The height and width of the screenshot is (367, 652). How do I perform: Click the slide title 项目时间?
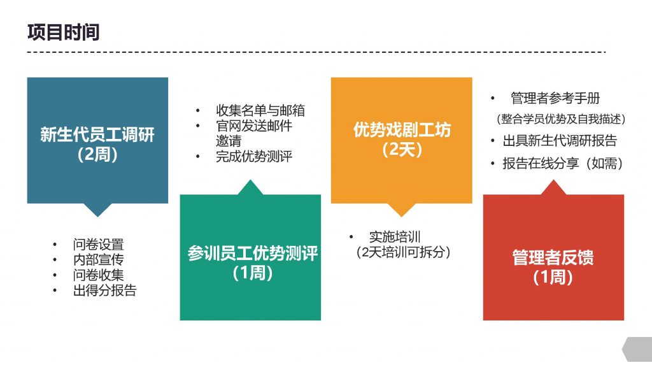pos(63,32)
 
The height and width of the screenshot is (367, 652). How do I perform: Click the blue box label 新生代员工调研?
pos(97,134)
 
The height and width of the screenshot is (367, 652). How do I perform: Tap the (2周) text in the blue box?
pos(97,154)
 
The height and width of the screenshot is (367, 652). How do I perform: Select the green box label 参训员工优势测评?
pos(252,253)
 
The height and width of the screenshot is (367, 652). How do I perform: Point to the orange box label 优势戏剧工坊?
pos(402,130)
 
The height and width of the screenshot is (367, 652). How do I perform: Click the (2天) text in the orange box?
pos(402,149)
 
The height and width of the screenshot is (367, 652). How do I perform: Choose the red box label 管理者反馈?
pos(553,257)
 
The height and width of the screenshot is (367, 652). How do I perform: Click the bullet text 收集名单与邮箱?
pos(260,110)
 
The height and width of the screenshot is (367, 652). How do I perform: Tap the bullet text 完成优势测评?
pos(254,157)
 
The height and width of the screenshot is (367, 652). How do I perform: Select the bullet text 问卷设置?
pos(98,244)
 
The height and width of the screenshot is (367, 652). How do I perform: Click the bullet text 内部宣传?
pos(98,260)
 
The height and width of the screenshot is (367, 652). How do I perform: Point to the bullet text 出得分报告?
pos(105,291)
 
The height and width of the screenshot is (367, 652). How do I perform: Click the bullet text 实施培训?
pos(395,237)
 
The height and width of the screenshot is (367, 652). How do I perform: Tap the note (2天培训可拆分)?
pos(403,252)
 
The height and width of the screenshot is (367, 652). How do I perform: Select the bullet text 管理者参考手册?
pos(555,98)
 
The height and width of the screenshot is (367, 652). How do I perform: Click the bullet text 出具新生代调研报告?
pos(560,141)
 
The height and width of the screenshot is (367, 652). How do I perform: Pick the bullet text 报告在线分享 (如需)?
pos(563,164)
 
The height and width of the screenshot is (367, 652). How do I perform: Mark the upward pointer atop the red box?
pos(553,187)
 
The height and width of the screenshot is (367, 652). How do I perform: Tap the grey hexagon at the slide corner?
pos(637,350)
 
